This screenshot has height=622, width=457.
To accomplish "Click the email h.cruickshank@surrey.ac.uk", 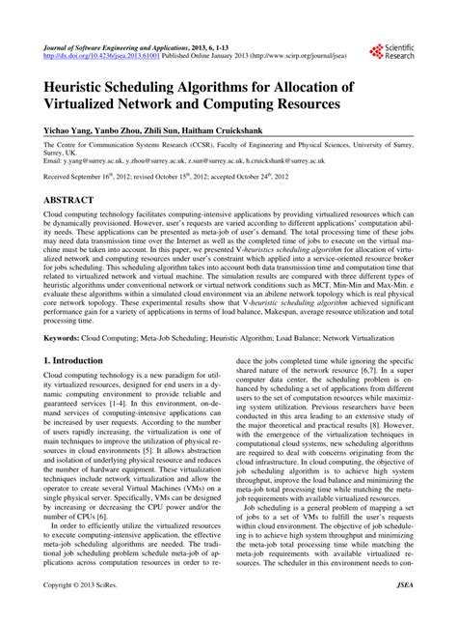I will click(x=302, y=163).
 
